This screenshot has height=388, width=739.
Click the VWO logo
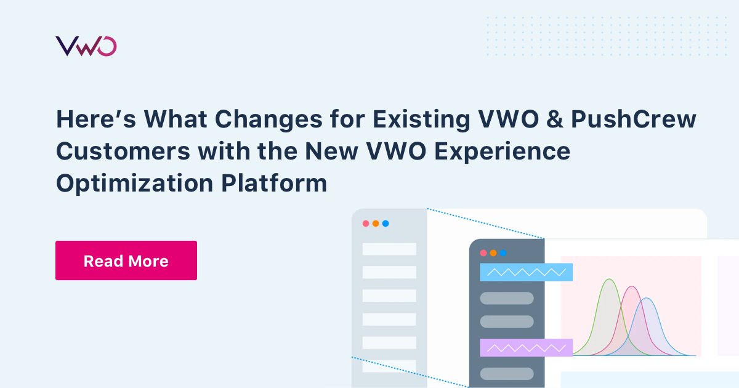coord(86,47)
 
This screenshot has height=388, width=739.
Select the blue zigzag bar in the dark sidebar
coord(526,272)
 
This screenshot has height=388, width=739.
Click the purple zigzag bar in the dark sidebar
coord(526,347)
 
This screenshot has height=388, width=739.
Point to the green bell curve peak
coord(610,280)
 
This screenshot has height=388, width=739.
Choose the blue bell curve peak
coord(647,299)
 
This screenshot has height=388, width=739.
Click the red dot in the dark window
coord(483,253)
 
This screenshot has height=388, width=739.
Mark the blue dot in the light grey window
coord(386,224)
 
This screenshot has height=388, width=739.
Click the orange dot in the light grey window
coord(376,224)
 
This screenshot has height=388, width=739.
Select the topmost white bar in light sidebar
coord(389,249)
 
